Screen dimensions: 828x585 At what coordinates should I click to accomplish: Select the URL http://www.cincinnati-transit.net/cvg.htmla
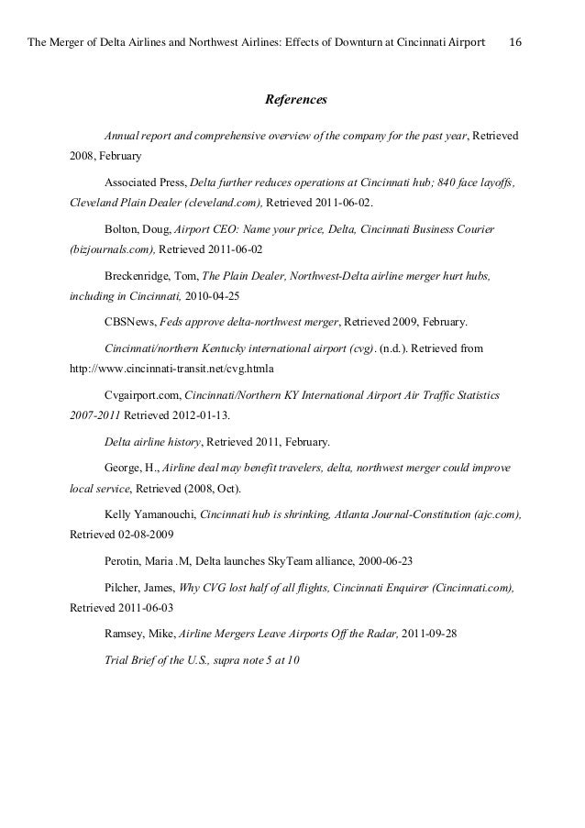click(172, 369)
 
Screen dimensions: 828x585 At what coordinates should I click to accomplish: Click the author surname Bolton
click(125, 227)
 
